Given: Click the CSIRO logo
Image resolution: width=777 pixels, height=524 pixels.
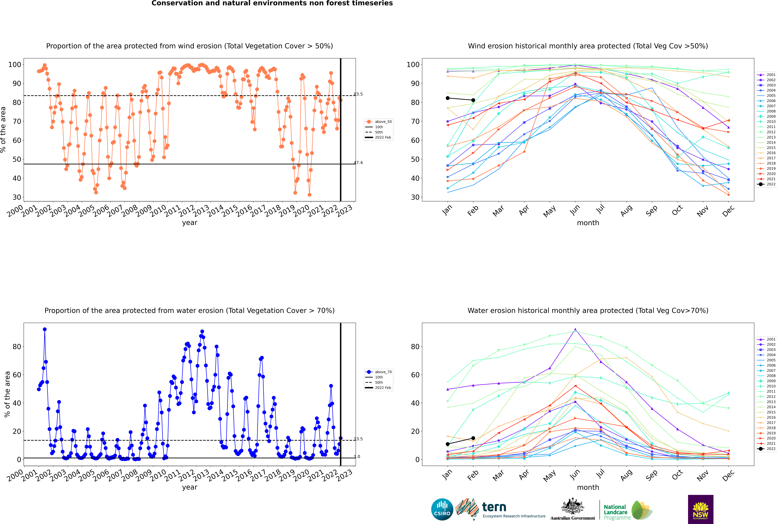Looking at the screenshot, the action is pos(442,509).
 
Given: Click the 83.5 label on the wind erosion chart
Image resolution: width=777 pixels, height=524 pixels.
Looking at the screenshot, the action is pos(358,94).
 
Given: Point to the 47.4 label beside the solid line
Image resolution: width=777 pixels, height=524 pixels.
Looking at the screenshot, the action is pos(358,163).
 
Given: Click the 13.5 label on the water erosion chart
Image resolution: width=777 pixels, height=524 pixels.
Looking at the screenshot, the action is pos(358,439).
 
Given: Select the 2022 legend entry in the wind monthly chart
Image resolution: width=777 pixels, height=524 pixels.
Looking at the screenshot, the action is pos(766,184).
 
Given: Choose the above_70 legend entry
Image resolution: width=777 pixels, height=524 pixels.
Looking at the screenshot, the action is pos(379,372).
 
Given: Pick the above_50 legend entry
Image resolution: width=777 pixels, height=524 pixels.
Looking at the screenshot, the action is pos(379,122).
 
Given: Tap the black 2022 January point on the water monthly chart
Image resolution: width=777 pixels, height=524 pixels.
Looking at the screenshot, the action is pos(448,444).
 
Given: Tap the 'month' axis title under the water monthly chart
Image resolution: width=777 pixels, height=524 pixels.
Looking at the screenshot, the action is pos(588,488).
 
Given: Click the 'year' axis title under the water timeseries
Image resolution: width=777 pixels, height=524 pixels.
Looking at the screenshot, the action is pos(190,487).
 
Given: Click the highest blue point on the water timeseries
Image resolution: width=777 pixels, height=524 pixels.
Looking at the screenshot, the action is pos(45,329).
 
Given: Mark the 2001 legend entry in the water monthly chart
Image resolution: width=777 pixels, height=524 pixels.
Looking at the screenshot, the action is pos(766,339).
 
